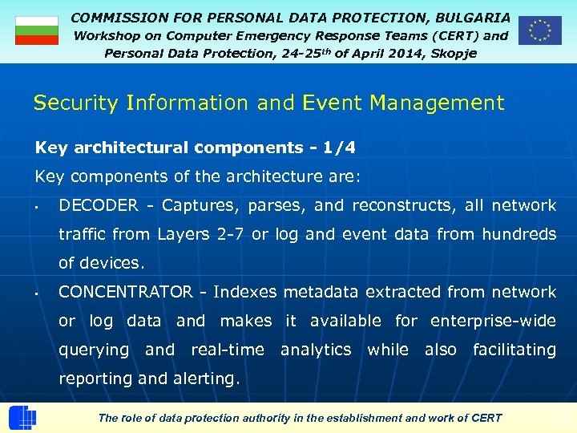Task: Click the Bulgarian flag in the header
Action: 37,30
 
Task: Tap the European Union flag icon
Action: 539,30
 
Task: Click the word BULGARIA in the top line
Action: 472,17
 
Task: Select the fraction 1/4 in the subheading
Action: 338,148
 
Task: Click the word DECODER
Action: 99,205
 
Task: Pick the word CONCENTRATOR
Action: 126,292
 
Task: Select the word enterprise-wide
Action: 493,321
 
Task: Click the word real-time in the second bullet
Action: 227,350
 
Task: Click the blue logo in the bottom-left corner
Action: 22,418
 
